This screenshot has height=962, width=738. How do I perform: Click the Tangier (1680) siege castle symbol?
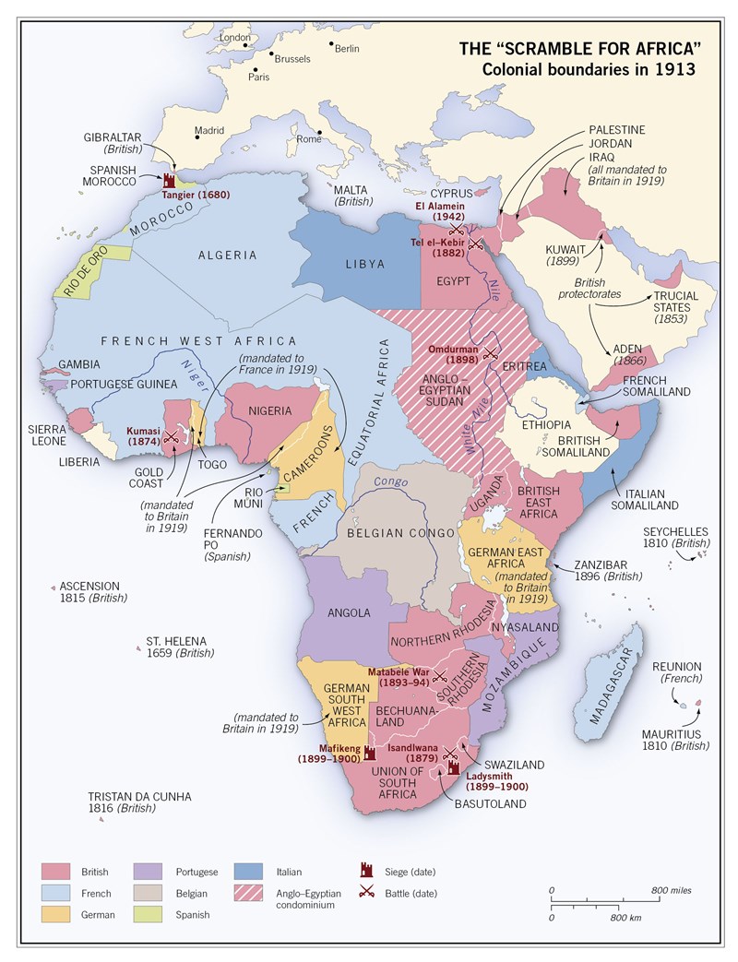tap(170, 179)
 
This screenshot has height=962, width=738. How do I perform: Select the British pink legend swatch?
tap(56, 871)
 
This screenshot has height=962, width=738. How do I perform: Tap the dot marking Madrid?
tap(196, 139)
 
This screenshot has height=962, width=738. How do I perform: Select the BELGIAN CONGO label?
tap(400, 533)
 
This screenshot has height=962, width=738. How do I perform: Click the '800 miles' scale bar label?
tap(671, 890)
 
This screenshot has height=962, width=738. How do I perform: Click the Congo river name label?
tap(391, 482)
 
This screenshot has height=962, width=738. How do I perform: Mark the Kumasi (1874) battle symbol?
tap(171, 438)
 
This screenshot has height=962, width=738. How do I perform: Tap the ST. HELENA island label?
tap(176, 641)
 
